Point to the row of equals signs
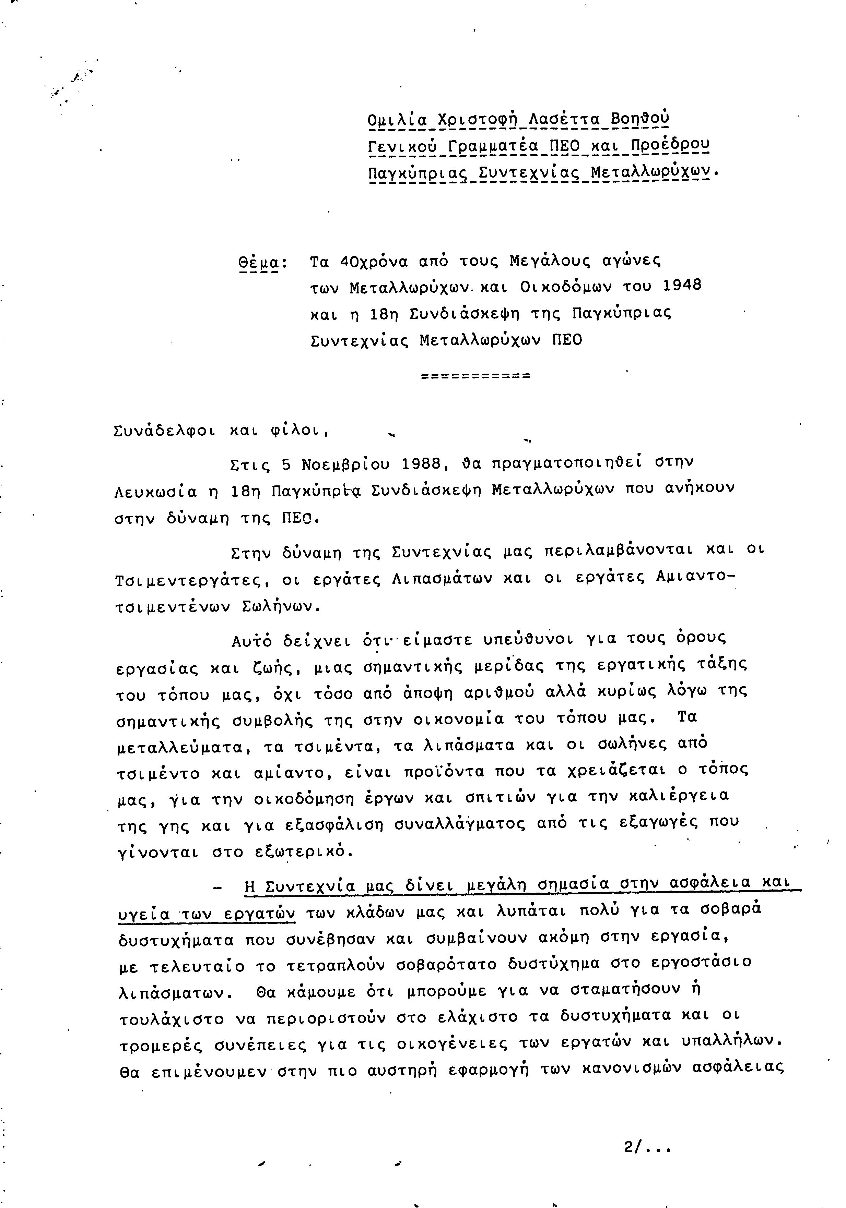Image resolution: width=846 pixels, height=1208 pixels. point(476,376)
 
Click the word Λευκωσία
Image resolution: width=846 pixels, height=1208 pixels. point(155,492)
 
